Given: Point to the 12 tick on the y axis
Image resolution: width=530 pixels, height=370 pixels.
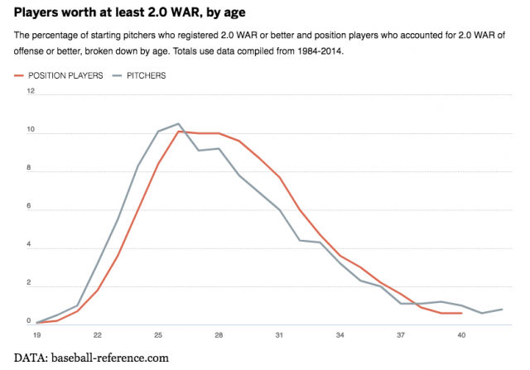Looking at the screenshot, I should tap(31, 92).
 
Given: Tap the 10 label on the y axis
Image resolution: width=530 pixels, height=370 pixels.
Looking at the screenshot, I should tap(31, 130).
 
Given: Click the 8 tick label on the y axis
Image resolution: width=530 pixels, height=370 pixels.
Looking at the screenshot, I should tap(31, 168).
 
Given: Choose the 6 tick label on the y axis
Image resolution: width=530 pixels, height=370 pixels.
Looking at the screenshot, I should tap(31, 206).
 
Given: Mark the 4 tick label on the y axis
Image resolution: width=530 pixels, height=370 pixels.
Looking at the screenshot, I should tap(31, 244).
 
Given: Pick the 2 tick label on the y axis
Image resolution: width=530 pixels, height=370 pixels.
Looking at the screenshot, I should tap(31, 282).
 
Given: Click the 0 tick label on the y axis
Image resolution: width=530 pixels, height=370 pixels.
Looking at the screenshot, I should tap(31, 320).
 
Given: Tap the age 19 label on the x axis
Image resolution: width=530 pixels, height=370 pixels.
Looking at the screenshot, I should tap(37, 335).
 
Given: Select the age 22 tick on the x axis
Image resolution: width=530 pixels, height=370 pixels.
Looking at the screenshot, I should tap(98, 335).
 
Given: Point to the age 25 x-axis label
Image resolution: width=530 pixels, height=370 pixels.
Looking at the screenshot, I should tap(158, 335).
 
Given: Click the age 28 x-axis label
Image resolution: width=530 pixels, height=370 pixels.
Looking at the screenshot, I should tap(219, 335).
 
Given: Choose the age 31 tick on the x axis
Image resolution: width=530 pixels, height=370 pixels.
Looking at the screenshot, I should tap(279, 335).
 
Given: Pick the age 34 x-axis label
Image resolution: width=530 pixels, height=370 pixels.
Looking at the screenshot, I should tap(340, 335).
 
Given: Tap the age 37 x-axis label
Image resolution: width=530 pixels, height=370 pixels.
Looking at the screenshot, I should tap(400, 335).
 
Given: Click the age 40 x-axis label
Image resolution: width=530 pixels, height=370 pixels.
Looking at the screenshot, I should tap(460, 335).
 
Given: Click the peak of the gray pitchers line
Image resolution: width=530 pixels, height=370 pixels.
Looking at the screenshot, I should tap(178, 124).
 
